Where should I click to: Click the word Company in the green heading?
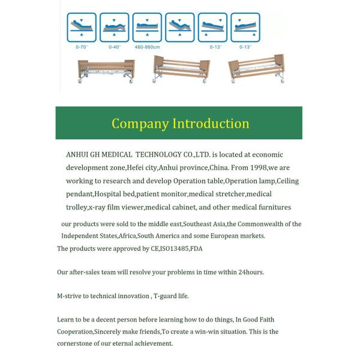[x=140, y=124]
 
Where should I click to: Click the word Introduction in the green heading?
[x=211, y=124]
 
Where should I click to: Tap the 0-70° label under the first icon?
[x=82, y=46]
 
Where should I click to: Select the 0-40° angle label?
[x=114, y=46]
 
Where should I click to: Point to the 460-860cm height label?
[x=147, y=46]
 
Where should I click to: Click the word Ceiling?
[x=287, y=181]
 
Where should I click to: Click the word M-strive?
[x=70, y=296]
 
